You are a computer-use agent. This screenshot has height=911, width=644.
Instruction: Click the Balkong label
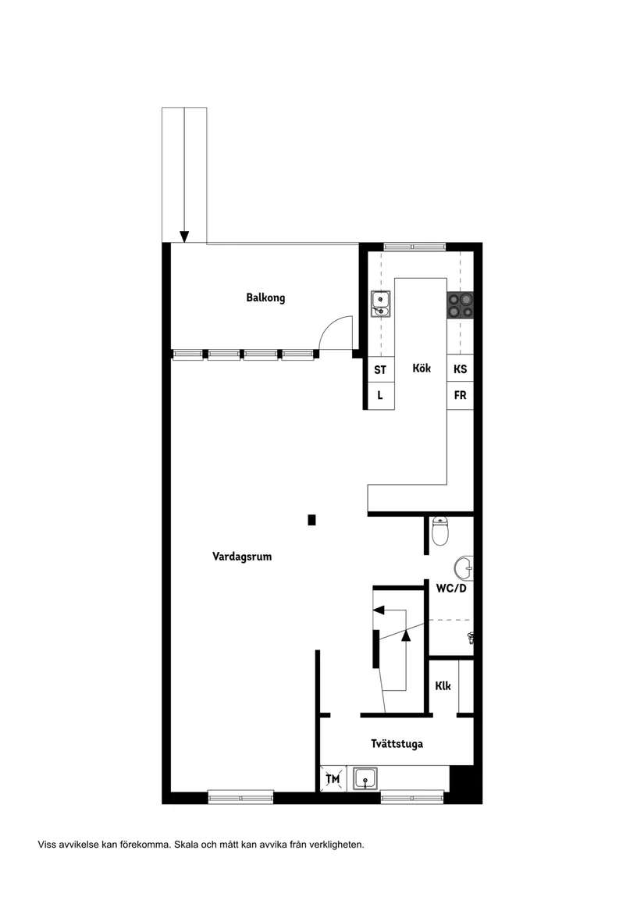265,297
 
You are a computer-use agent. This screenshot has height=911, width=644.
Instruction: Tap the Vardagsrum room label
242,557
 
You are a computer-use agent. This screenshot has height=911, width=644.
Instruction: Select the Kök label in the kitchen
422,368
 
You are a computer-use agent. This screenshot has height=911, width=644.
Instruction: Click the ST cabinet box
380,370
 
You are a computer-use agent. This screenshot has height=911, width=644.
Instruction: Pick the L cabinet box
380,396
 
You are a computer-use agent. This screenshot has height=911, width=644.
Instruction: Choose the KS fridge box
460,370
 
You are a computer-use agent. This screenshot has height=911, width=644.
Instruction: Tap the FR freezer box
460,396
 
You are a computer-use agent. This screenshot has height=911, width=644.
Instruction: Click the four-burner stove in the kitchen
460,304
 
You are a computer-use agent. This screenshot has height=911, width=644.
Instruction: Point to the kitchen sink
380,304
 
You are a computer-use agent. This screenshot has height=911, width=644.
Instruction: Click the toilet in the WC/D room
440,531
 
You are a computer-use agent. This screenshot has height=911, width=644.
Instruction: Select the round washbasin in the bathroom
464,567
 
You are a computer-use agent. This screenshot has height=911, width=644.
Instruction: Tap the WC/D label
451,589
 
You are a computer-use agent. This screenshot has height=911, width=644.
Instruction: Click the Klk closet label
443,687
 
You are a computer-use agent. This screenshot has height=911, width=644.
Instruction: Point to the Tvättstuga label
397,744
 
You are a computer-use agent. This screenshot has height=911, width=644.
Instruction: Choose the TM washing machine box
333,778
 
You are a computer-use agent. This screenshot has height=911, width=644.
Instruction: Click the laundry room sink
365,778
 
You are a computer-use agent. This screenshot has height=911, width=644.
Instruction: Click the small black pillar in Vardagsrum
311,519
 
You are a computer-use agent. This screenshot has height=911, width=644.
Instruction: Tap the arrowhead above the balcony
184,237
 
